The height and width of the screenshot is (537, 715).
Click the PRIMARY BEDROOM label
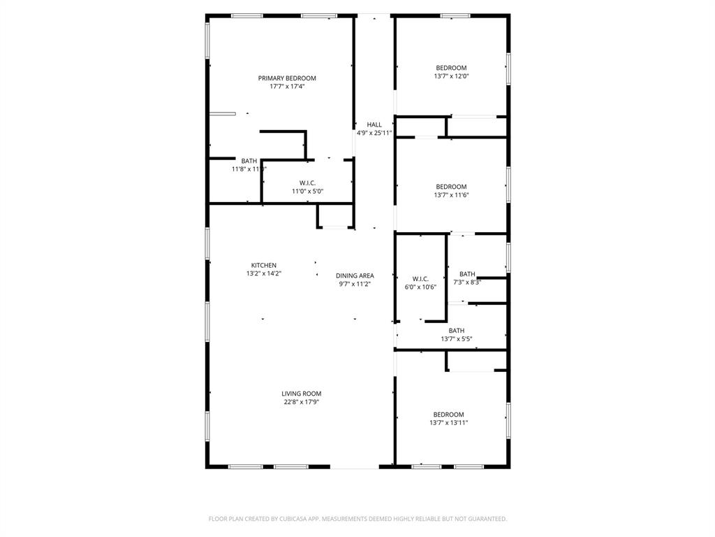287,78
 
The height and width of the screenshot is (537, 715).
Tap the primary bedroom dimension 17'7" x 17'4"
287,87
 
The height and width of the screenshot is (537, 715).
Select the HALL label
374,124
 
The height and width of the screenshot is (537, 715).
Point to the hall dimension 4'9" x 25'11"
374,133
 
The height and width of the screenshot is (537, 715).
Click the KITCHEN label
264,266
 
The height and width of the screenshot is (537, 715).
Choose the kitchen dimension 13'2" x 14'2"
264,274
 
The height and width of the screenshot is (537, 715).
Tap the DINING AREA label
355,275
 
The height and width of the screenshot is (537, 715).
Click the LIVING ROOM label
302,394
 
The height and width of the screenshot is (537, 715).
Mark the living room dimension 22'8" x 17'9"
302,402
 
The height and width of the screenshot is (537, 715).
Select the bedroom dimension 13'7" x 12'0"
451,76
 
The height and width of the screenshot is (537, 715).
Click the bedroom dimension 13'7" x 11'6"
451,195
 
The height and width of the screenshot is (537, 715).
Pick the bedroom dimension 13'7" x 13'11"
448,423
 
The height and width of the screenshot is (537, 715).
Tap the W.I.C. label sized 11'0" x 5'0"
307,182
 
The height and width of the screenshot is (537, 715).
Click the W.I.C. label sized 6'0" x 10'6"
420,279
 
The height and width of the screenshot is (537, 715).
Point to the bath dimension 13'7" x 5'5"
457,339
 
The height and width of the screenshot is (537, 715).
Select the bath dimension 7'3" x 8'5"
467,282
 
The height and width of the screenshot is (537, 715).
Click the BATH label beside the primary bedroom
249,161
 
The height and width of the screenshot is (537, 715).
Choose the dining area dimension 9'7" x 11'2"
355,284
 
